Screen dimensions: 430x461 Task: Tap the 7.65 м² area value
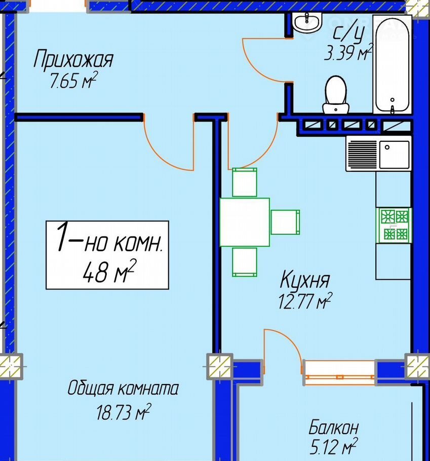pyautogui.click(x=73, y=80)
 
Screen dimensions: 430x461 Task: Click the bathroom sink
pyautogui.click(x=307, y=22)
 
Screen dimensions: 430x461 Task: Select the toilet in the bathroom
pyautogui.click(x=336, y=95)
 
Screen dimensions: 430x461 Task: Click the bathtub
pyautogui.click(x=392, y=64)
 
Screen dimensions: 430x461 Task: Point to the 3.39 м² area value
pyautogui.click(x=348, y=52)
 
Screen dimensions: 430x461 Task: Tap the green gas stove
pyautogui.click(x=394, y=225)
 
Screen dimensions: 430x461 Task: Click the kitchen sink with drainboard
pyautogui.click(x=378, y=153)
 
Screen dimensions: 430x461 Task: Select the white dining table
pyautogui.click(x=245, y=222)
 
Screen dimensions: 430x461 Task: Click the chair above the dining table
pyautogui.click(x=245, y=182)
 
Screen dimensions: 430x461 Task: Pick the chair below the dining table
pyautogui.click(x=245, y=262)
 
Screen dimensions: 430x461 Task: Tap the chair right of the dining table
pyautogui.click(x=285, y=222)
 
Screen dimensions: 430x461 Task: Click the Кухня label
pyautogui.click(x=304, y=280)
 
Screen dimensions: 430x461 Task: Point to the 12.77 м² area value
pyautogui.click(x=305, y=301)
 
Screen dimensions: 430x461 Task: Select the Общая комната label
pyautogui.click(x=123, y=388)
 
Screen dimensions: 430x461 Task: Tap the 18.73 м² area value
pyautogui.click(x=124, y=411)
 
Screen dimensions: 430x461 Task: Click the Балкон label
pyautogui.click(x=334, y=427)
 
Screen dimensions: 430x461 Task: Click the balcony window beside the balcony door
pyautogui.click(x=339, y=372)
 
